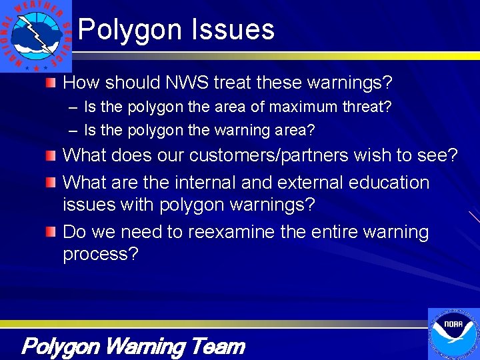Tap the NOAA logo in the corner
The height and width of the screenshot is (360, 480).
(x=453, y=333)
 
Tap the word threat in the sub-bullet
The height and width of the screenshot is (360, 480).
(x=366, y=107)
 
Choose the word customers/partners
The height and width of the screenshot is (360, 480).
(x=268, y=155)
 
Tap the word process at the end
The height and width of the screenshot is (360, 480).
(x=100, y=255)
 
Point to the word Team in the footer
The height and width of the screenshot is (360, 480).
(x=217, y=347)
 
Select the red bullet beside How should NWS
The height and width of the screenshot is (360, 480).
(x=51, y=83)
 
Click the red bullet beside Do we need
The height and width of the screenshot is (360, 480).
(x=51, y=232)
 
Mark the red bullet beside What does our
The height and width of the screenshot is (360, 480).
(x=51, y=155)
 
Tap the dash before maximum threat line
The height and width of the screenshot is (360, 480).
(x=71, y=107)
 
